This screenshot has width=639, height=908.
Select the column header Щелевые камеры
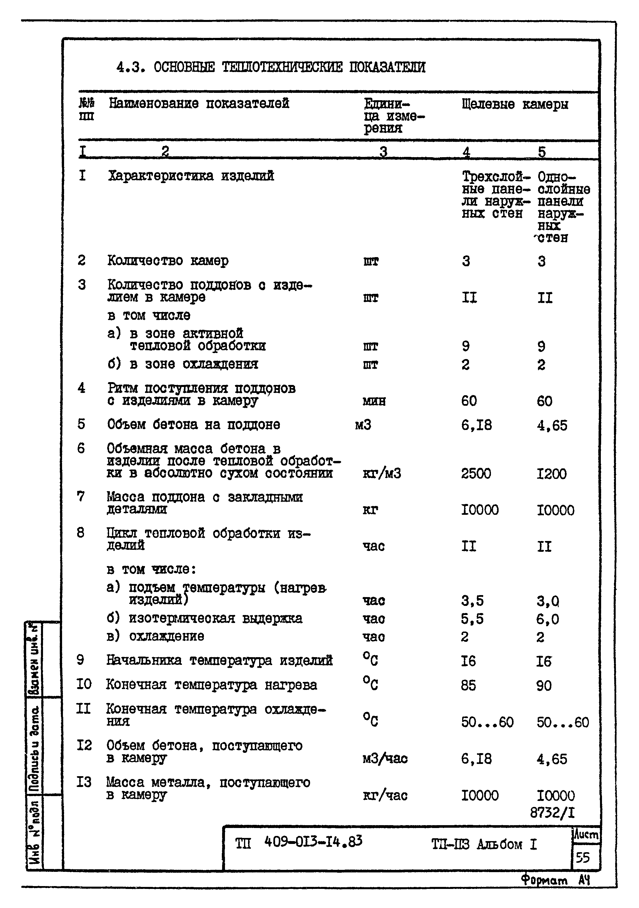click(x=515, y=104)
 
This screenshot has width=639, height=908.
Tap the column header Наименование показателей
click(x=199, y=104)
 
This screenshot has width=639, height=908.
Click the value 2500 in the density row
click(x=476, y=474)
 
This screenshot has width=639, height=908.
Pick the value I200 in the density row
click(x=551, y=474)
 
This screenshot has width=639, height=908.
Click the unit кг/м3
click(x=382, y=474)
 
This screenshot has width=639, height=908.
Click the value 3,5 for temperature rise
click(x=472, y=601)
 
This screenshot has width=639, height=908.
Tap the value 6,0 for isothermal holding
click(x=547, y=619)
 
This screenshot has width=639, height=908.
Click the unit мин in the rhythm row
click(x=374, y=401)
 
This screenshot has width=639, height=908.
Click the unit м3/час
click(x=385, y=759)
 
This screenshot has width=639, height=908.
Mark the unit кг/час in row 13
click(x=385, y=795)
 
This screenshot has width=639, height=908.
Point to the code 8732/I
click(x=552, y=813)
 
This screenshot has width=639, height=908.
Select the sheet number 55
click(x=582, y=857)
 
